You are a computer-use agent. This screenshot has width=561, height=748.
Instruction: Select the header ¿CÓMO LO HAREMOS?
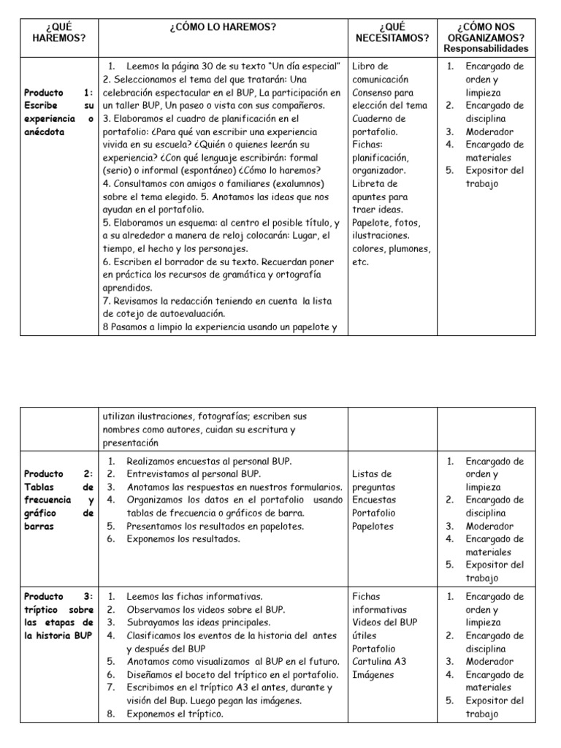tap(223, 27)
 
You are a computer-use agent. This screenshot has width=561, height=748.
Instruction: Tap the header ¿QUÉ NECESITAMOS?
tap(392, 33)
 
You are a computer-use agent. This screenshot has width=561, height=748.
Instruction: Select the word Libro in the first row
tap(365, 66)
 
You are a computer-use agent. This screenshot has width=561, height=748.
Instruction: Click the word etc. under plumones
tap(361, 262)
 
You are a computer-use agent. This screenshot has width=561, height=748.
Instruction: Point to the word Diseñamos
tap(153, 674)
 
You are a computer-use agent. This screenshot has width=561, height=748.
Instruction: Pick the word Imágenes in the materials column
tap(373, 674)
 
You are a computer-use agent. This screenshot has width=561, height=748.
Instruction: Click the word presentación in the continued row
tap(131, 443)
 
